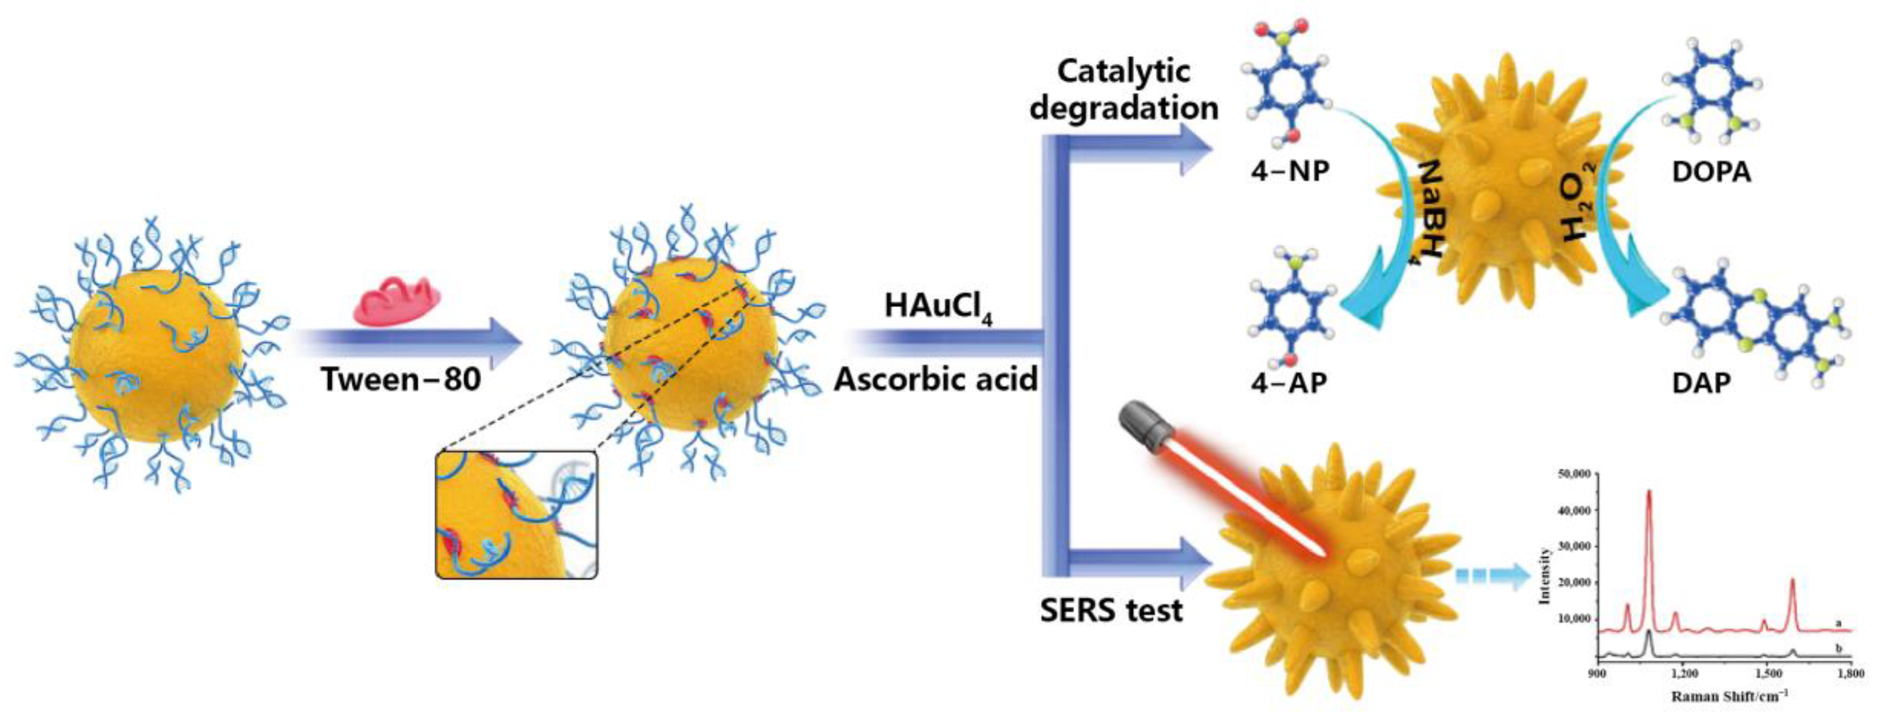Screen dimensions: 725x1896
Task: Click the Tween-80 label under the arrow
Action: [401, 380]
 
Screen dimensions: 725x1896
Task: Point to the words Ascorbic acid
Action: [935, 380]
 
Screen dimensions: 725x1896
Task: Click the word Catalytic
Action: [1123, 71]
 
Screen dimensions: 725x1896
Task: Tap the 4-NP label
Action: [1290, 171]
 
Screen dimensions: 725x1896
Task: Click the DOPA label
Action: [1711, 172]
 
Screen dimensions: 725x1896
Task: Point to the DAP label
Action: [1701, 383]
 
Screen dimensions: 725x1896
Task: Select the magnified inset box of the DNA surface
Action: [516, 514]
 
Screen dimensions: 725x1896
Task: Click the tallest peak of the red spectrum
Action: [1648, 492]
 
